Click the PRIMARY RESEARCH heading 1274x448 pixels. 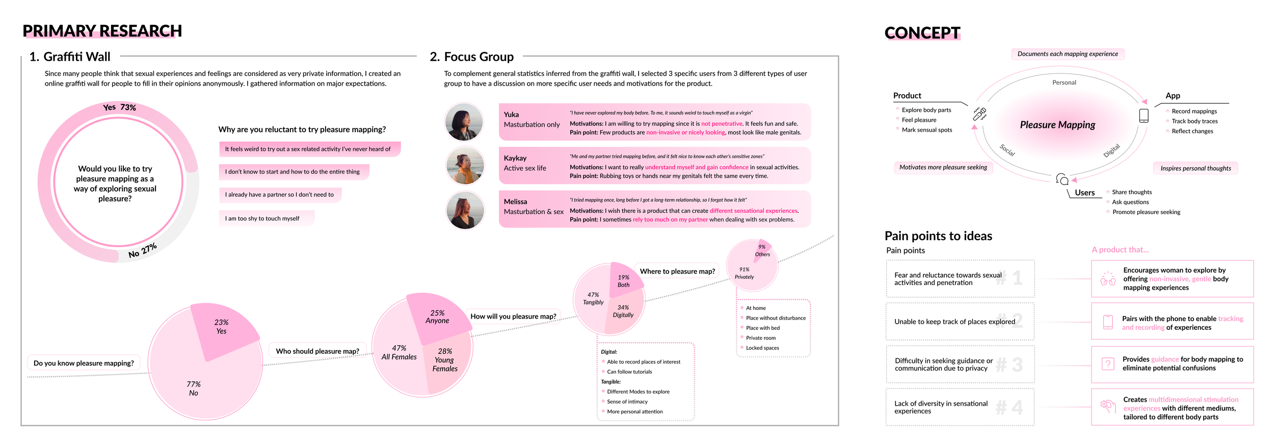pos(102,31)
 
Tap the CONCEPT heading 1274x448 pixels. pos(922,33)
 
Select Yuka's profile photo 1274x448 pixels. pos(464,122)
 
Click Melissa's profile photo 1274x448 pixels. pos(464,209)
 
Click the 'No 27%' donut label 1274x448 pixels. pos(143,251)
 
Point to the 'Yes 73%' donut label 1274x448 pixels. pos(119,108)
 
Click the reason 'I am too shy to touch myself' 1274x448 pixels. pos(262,219)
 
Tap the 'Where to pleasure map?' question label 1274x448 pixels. pos(677,272)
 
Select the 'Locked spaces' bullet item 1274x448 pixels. pos(762,348)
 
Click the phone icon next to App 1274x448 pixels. pos(1144,116)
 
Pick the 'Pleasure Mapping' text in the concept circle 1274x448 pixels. pos(1057,125)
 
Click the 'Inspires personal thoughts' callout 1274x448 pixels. pos(1195,169)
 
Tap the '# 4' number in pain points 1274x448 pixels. pos(1009,408)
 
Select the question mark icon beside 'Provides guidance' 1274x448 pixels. pos(1108,364)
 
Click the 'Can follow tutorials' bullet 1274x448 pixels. pos(629,372)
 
